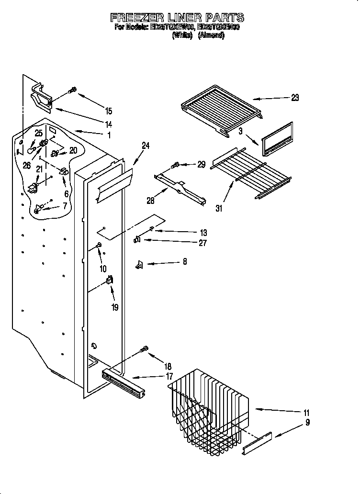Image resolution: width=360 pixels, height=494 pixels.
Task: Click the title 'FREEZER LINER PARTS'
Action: pos(177,18)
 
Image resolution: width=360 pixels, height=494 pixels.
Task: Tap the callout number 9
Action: pos(307,422)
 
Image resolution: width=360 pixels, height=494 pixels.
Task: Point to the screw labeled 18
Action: pos(144,350)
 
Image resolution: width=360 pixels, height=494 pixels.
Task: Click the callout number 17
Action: pos(170,377)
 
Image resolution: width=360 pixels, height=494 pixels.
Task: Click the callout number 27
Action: pos(202,243)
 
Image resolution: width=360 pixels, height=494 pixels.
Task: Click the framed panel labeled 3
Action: pos(277,139)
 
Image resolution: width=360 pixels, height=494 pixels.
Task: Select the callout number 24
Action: pos(146,146)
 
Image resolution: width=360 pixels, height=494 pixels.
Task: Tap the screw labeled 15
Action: pos(73,90)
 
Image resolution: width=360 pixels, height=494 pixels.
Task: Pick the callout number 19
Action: pos(114,307)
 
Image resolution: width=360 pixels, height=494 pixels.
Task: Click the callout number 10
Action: pos(103,269)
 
